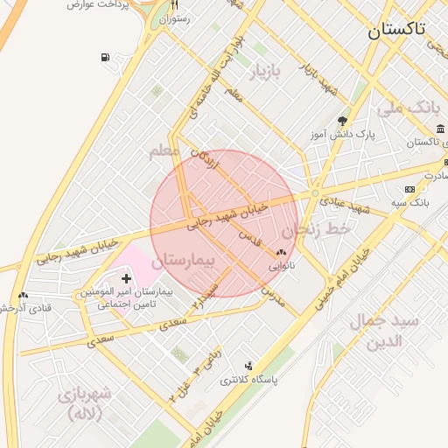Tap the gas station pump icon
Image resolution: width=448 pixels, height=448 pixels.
pos(106,59)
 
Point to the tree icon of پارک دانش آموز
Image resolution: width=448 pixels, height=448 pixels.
pos(341,121)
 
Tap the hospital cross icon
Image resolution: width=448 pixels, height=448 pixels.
pos(126,277)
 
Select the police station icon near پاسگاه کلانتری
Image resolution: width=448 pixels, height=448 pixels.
pos(248,366)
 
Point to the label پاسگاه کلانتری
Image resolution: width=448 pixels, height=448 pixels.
pos(248,380)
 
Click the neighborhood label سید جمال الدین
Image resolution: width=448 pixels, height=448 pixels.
pos(386,331)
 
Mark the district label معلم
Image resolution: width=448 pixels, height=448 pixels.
pos(164,151)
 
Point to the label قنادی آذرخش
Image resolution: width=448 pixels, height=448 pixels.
pos(29,308)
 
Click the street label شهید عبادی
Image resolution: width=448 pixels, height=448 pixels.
pos(345,205)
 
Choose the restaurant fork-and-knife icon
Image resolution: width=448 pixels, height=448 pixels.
pos(174,5)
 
